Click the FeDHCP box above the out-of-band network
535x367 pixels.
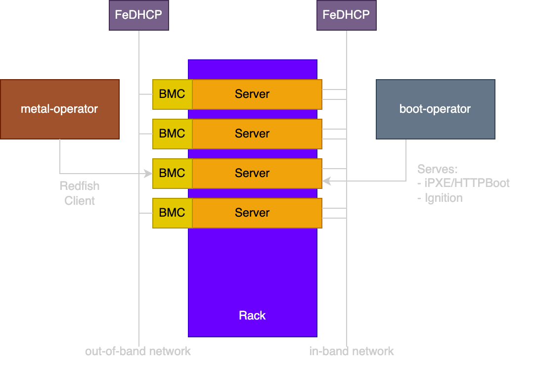[138, 15]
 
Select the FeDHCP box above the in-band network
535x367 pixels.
[346, 15]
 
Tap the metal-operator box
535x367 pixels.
[59, 109]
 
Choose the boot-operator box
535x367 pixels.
[435, 109]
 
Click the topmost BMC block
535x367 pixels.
[172, 94]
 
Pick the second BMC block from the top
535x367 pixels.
[172, 134]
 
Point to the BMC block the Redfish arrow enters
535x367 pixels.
[172, 173]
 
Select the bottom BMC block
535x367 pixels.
[172, 213]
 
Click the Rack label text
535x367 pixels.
[252, 316]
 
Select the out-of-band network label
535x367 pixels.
[138, 352]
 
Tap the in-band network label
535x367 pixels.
[352, 352]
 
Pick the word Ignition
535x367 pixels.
[444, 198]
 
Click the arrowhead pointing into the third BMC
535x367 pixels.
[148, 174]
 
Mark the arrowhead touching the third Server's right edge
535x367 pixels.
[326, 182]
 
